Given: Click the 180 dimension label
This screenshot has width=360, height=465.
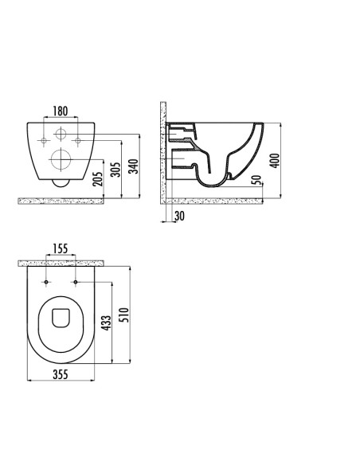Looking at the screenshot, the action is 61,111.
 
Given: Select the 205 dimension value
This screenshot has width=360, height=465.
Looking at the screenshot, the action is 97,179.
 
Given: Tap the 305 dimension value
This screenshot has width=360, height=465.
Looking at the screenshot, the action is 115,170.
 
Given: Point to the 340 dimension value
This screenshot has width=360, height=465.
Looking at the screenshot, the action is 134,166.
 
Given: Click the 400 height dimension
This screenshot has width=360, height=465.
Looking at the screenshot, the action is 275,161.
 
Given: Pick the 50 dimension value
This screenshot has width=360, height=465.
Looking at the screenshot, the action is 256,180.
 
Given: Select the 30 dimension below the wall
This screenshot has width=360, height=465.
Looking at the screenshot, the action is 179,216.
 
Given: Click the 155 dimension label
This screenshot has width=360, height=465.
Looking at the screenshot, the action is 61,248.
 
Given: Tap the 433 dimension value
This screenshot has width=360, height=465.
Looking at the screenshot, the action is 106,323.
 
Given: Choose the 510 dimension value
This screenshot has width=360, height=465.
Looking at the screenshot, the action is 124,315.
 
